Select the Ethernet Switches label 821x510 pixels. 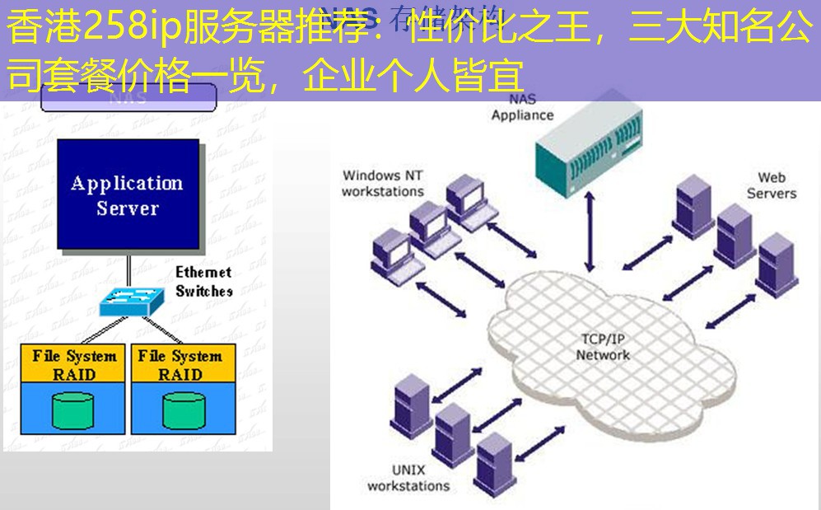(203, 281)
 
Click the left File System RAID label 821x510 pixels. (74, 365)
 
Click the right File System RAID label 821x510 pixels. (180, 365)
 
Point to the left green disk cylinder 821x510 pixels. (73, 409)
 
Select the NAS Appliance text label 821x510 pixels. (522, 107)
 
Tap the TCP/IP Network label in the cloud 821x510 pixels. (603, 347)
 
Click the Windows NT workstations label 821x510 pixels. (383, 183)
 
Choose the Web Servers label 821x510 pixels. (771, 185)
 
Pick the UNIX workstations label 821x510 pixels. (408, 478)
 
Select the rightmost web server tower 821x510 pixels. (777, 262)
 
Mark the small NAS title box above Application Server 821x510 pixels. (128, 97)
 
